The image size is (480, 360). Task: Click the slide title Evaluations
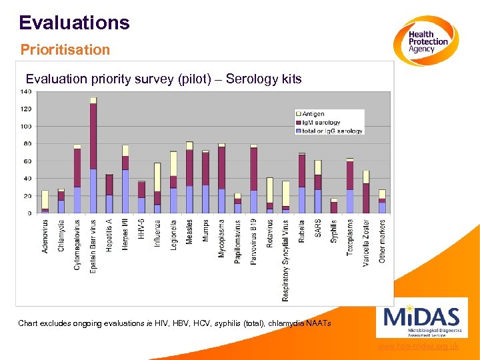(x=74, y=23)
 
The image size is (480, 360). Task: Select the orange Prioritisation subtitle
(x=65, y=50)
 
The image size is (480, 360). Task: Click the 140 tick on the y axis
(x=27, y=91)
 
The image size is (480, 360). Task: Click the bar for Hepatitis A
(x=109, y=193)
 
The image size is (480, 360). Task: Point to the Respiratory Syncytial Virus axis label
(x=286, y=260)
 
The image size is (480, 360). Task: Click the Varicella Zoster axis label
(x=366, y=243)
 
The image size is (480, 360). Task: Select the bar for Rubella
(x=302, y=183)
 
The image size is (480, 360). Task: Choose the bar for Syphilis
(x=334, y=206)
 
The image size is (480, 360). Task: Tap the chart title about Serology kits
(x=163, y=79)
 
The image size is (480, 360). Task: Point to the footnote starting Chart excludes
(x=174, y=323)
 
